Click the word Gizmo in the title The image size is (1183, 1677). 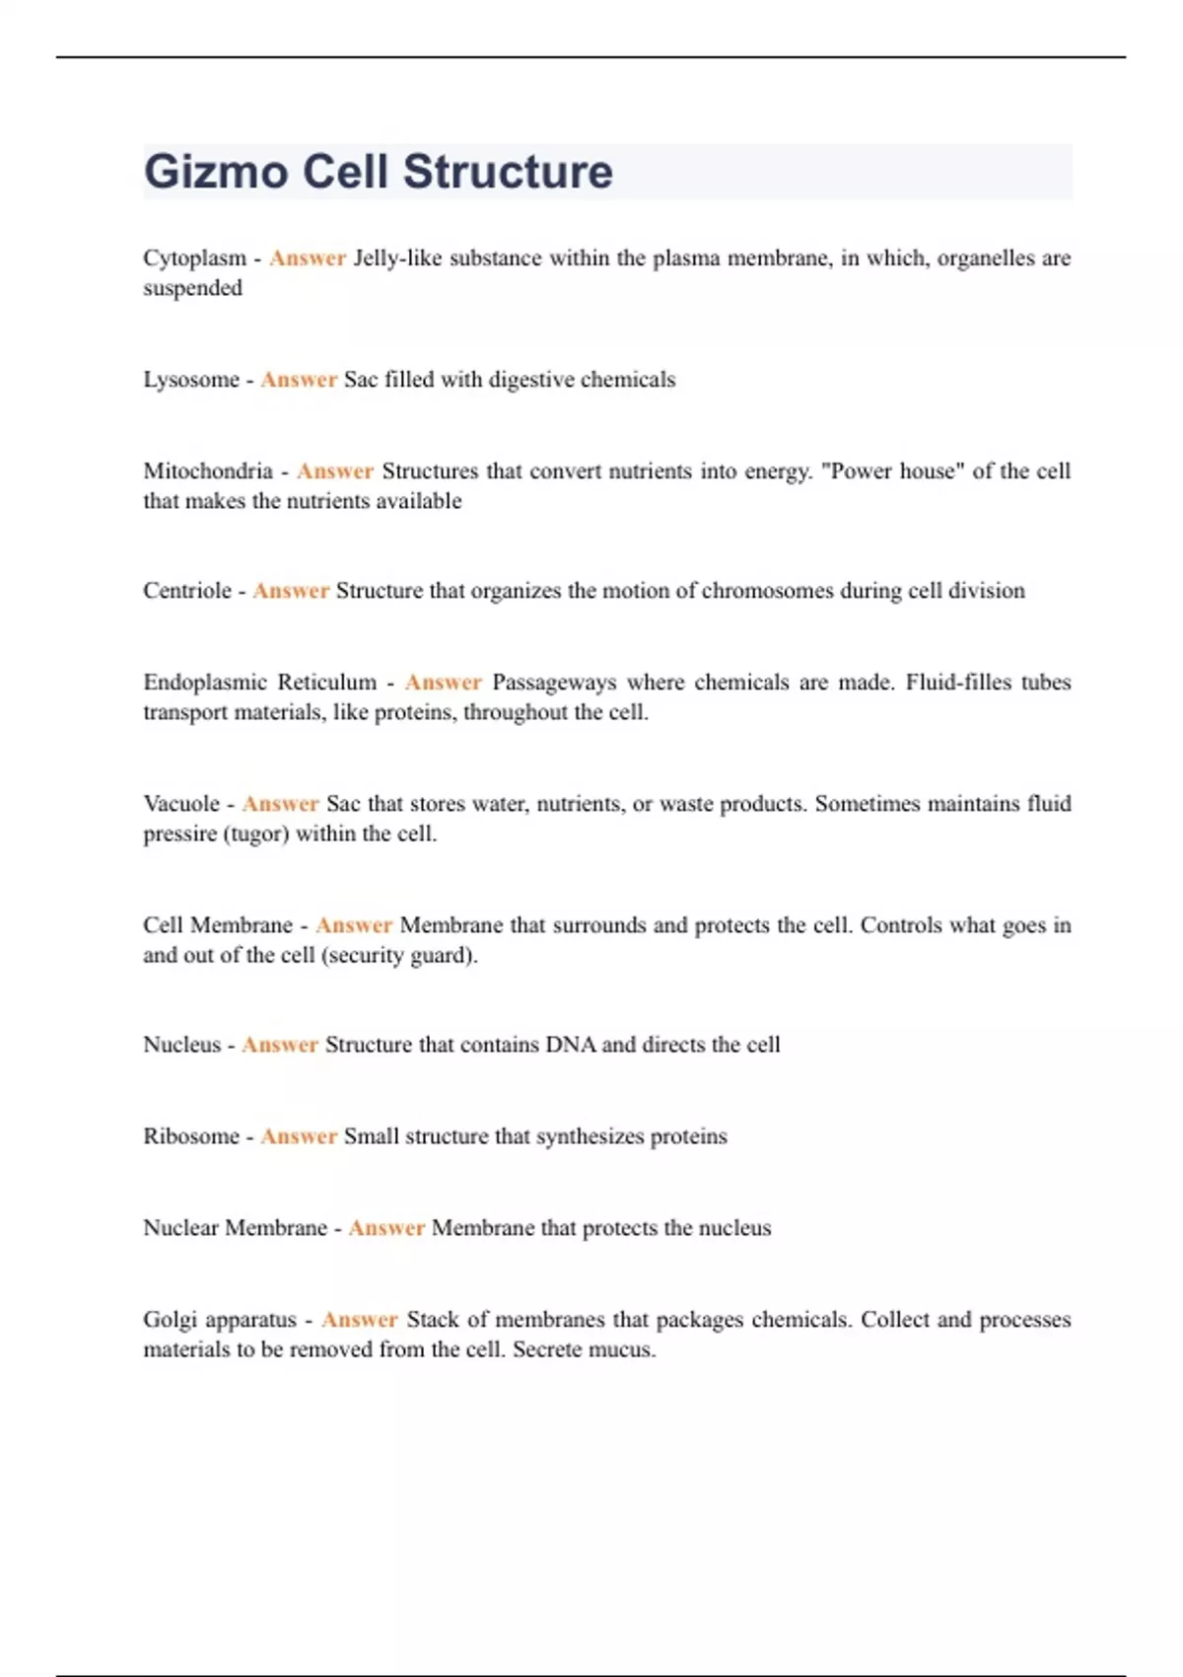216,173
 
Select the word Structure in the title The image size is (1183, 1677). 508,172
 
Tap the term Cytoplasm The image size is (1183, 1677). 194,258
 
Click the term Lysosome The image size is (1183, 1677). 191,380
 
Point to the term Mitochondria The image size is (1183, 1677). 208,472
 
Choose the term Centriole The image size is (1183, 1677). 187,591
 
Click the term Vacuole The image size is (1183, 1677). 181,804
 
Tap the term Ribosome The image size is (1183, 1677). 191,1136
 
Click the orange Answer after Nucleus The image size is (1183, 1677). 280,1045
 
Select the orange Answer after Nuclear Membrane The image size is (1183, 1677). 386,1228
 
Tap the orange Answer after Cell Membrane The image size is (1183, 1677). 354,925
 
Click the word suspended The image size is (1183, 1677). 192,288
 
